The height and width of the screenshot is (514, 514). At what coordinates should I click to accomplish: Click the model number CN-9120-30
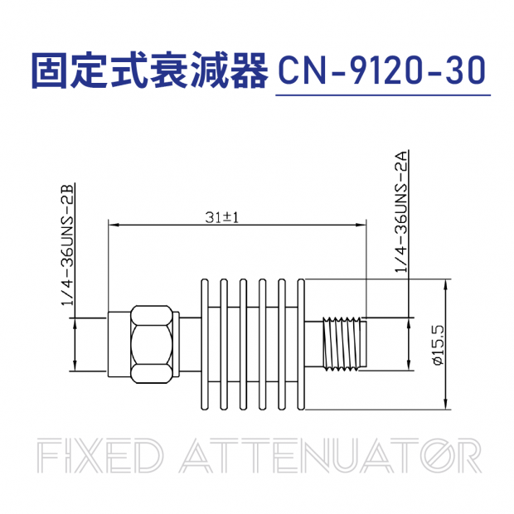click(382, 72)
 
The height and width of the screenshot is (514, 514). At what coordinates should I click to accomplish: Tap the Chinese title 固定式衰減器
click(149, 72)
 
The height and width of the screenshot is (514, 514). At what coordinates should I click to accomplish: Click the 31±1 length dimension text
click(221, 217)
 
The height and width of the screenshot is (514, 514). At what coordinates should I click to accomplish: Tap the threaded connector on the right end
click(343, 344)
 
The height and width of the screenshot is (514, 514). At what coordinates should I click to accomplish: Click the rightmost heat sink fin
click(301, 344)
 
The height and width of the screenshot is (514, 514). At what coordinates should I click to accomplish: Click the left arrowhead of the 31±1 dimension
click(113, 225)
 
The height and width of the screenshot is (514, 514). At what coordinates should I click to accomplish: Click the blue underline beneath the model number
click(382, 95)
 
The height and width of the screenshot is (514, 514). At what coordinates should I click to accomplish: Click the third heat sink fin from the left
click(245, 344)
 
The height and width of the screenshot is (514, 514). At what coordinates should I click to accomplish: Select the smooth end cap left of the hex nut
click(116, 344)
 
